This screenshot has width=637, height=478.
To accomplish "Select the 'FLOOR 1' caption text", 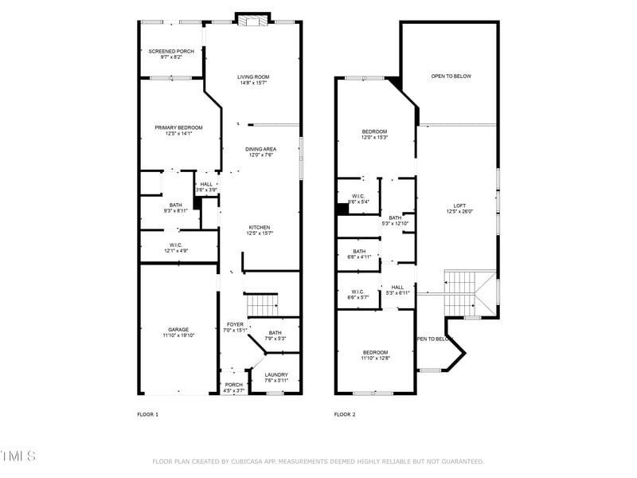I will click(x=148, y=414).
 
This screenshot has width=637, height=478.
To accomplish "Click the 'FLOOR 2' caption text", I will click(x=345, y=414).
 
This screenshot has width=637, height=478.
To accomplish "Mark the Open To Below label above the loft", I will click(x=451, y=76).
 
